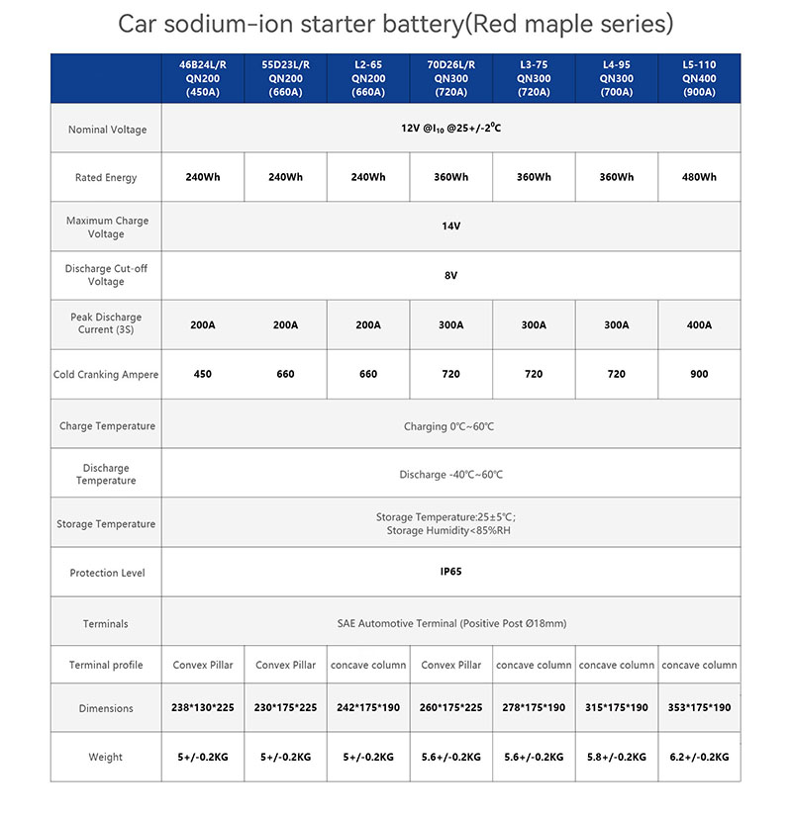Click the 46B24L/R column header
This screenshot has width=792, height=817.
(202, 79)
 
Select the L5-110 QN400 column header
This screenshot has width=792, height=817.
(700, 79)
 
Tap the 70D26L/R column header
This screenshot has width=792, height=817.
(451, 79)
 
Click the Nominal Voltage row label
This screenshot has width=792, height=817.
(107, 130)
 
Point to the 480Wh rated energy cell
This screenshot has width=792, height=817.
(700, 177)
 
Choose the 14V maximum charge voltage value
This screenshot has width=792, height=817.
(451, 227)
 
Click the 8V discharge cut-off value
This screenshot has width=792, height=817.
(451, 276)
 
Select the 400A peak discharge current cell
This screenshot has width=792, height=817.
(700, 324)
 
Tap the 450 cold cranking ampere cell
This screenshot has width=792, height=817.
(202, 375)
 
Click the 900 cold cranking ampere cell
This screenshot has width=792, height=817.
(700, 375)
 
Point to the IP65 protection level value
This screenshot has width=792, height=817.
(451, 572)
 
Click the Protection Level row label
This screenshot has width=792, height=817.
(107, 573)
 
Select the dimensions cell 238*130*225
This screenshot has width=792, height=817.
(202, 708)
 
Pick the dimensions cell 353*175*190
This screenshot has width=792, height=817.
(700, 708)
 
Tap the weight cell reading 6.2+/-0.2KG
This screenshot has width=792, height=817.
(700, 757)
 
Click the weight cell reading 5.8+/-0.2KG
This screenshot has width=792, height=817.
(617, 757)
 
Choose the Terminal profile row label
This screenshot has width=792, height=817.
(107, 665)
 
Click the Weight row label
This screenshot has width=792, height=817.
(107, 757)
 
